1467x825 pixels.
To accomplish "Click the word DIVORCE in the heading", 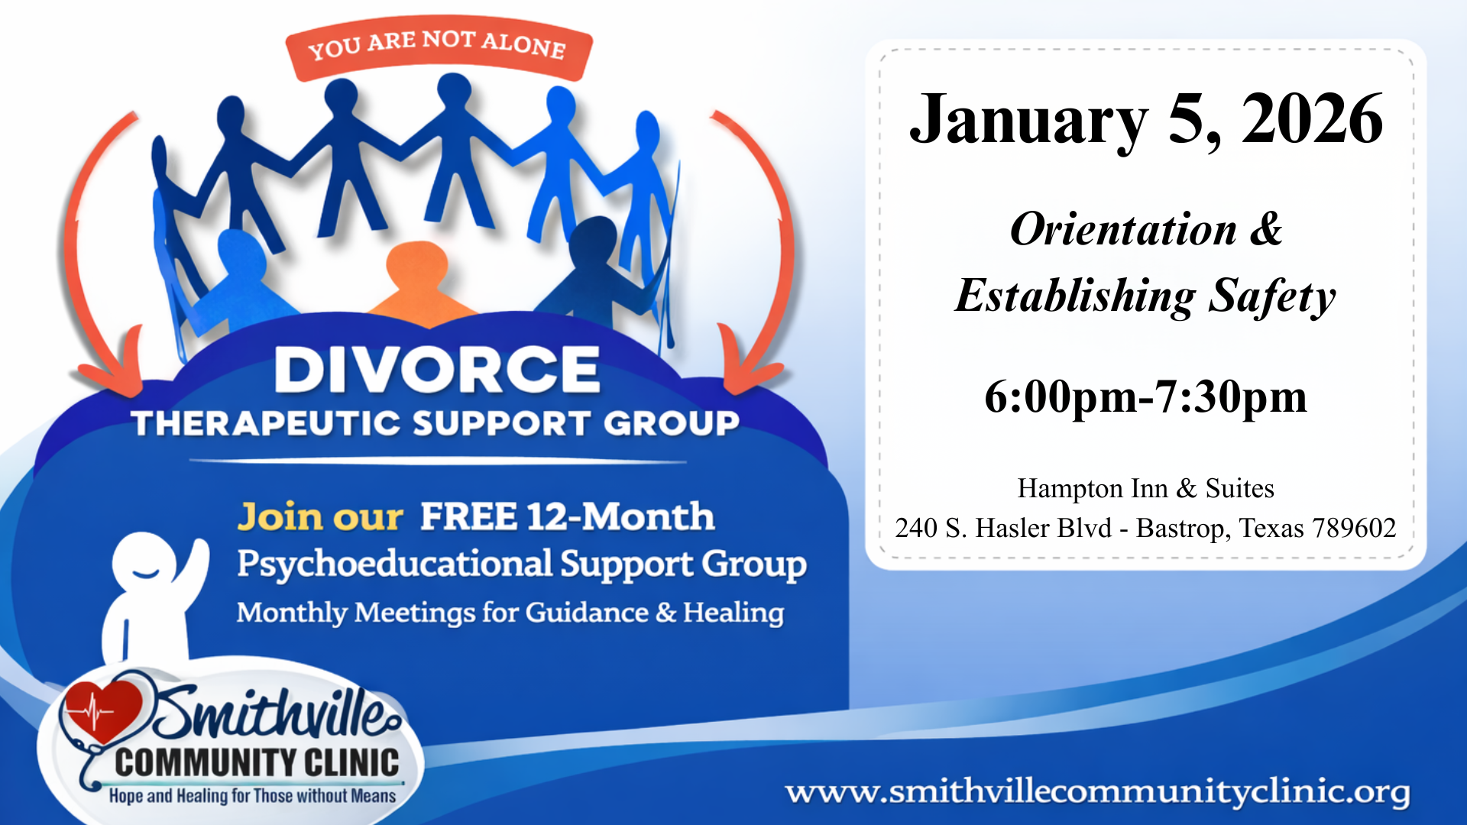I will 436,370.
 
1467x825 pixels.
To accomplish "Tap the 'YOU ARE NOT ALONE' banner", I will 437,46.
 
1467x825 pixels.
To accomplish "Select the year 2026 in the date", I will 1312,119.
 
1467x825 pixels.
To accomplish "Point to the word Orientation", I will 1123,229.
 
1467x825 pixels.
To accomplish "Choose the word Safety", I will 1271,296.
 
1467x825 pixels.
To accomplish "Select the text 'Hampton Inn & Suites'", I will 1145,488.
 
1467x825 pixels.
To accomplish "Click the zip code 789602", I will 1354,528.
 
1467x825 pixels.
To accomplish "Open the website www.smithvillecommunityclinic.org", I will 1097,791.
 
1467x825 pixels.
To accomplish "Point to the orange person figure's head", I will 416,264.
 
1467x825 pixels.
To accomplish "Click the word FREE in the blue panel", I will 468,516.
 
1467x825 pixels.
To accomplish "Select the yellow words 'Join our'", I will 319,517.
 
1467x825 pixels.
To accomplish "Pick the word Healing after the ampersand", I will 733,613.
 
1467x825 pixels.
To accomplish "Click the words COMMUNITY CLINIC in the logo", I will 257,762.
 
